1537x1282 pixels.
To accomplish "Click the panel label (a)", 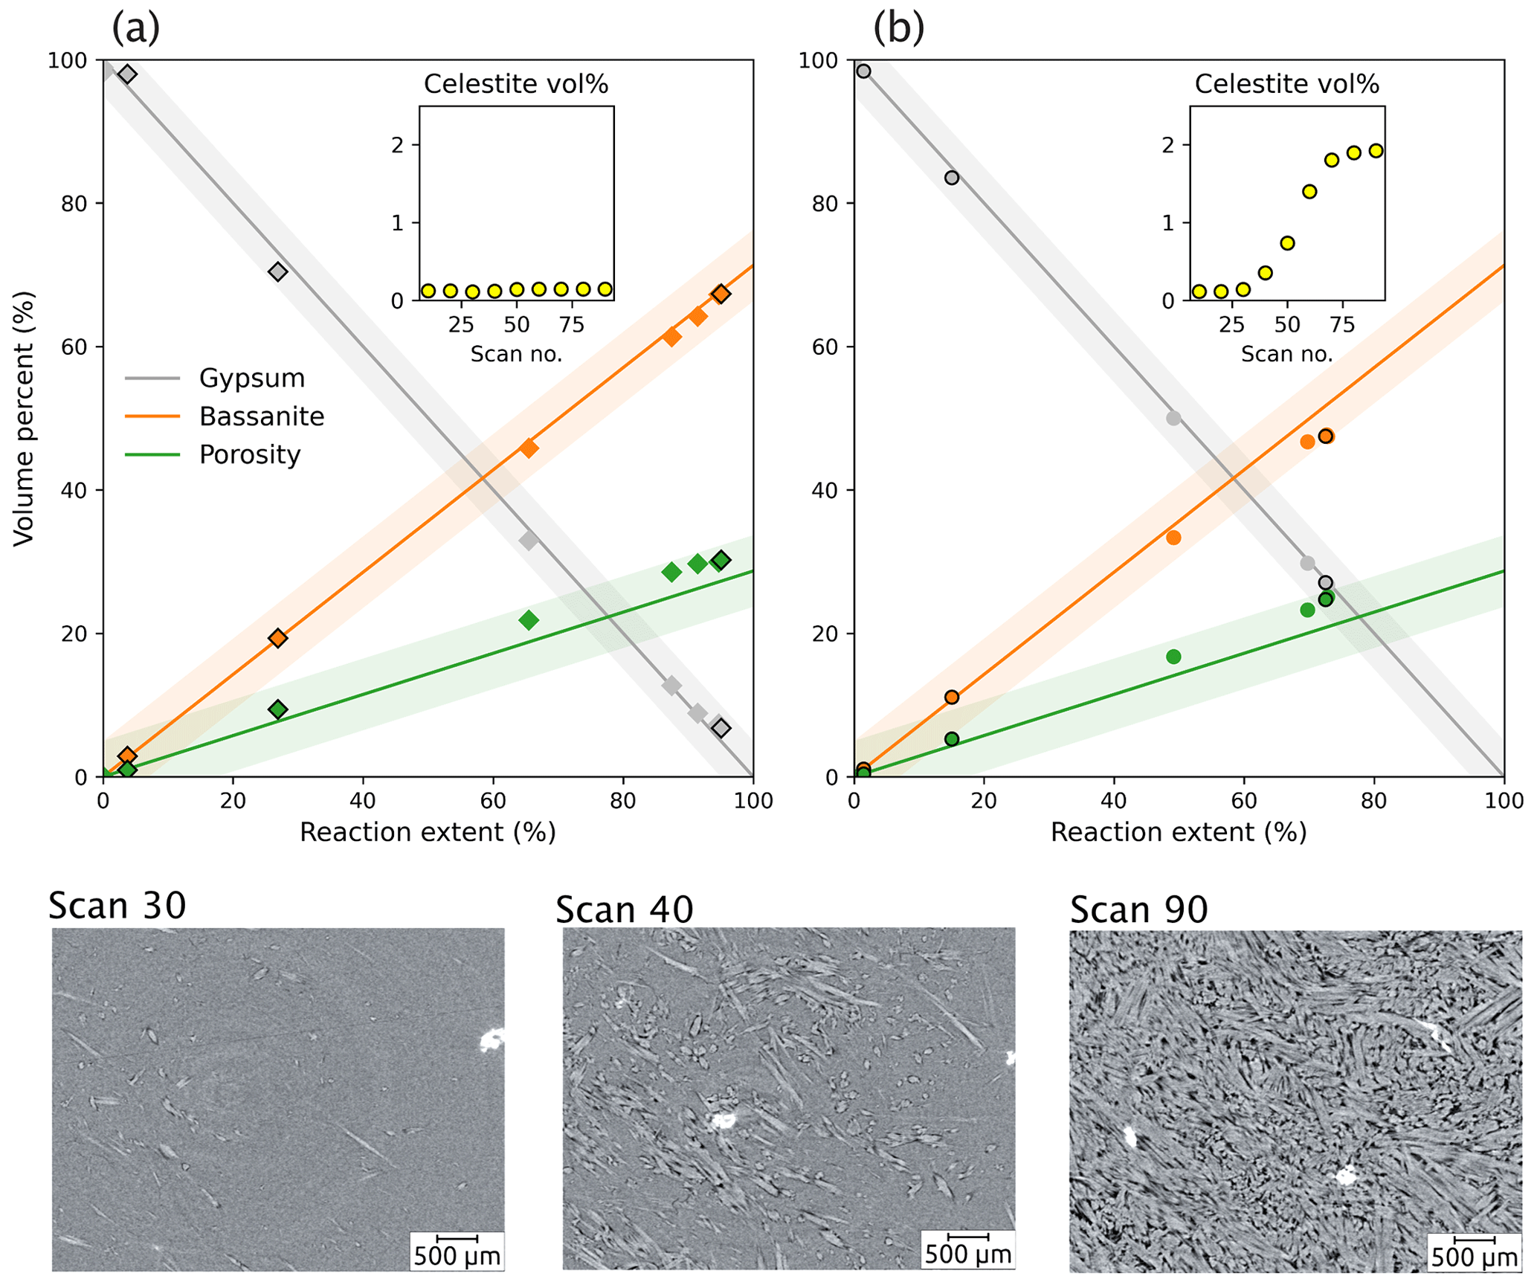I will point(135,28).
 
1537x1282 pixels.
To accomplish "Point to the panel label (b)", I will point(898,28).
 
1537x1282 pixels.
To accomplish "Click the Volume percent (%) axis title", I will point(24,419).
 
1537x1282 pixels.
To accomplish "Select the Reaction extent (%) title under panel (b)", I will point(1178,832).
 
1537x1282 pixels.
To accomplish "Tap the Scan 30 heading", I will point(117,906).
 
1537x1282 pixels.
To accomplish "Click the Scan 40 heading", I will point(624,909).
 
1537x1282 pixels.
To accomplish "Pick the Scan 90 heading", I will point(1138,909).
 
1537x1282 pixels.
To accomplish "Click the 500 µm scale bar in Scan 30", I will point(457,1238).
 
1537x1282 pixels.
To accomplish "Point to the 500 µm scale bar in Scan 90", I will point(1474,1240).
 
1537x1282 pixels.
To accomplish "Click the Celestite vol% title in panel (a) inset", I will point(516,84).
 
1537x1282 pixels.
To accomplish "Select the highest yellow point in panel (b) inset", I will point(1376,151).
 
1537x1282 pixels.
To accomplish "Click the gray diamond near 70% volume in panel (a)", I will point(278,271).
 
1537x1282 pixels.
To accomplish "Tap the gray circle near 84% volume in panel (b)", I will point(952,178).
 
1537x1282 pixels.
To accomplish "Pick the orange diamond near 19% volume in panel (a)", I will point(278,638).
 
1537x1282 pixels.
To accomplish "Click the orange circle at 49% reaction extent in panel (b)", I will point(1173,538).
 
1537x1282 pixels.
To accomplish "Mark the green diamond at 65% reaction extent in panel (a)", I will point(529,620).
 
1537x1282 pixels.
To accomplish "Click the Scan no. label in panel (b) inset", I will point(1286,354).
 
